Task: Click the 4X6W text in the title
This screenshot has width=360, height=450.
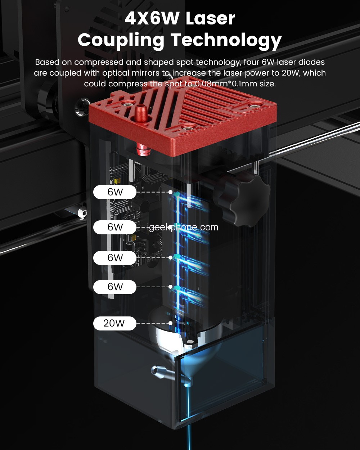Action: pyautogui.click(x=152, y=18)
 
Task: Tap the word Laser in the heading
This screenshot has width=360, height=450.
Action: pyautogui.click(x=210, y=18)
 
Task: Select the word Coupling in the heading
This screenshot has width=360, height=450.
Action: pyautogui.click(x=121, y=41)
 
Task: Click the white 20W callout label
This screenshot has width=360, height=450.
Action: pyautogui.click(x=114, y=323)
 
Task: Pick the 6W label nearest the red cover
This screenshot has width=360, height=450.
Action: pyautogui.click(x=114, y=192)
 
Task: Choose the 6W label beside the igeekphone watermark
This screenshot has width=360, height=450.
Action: pyautogui.click(x=114, y=227)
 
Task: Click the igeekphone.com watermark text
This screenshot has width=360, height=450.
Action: pyautogui.click(x=183, y=227)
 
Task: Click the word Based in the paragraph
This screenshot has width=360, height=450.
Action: pyautogui.click(x=47, y=62)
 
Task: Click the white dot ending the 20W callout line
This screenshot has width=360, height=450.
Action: pyautogui.click(x=171, y=323)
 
